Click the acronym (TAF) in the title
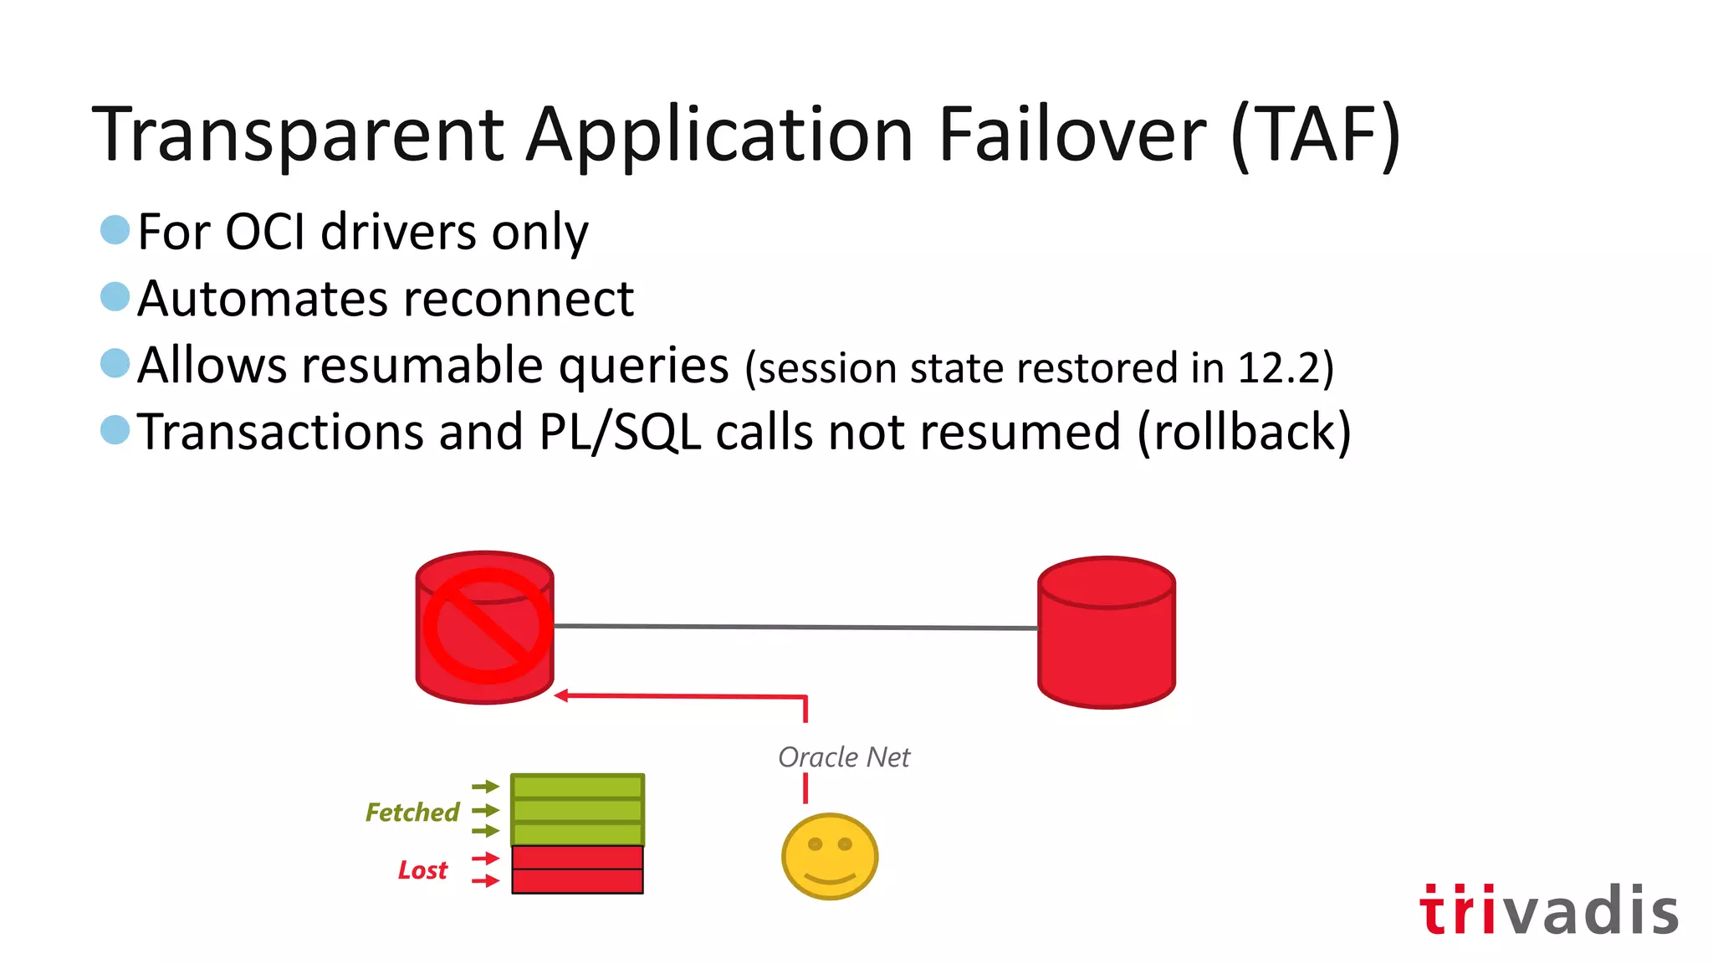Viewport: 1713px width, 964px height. pyautogui.click(x=1316, y=134)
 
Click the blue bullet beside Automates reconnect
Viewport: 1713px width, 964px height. pyautogui.click(x=115, y=296)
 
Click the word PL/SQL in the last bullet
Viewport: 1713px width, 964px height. pyautogui.click(x=620, y=433)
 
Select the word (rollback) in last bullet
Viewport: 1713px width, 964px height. pyautogui.click(x=1244, y=433)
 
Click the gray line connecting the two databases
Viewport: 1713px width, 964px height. pyautogui.click(x=795, y=627)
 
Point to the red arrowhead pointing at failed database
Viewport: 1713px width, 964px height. pyautogui.click(x=561, y=695)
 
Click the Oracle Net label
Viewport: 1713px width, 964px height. pyautogui.click(x=843, y=757)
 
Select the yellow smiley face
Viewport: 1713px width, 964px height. pyautogui.click(x=829, y=856)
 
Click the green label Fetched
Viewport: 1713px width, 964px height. pyautogui.click(x=412, y=813)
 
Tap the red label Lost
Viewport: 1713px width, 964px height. pyautogui.click(x=422, y=870)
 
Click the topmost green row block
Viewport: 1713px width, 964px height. pyautogui.click(x=577, y=787)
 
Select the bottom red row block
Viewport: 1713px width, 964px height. pyautogui.click(x=577, y=881)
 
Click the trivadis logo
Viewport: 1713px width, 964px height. pyautogui.click(x=1548, y=910)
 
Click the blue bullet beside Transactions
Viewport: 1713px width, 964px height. pyautogui.click(x=115, y=430)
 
